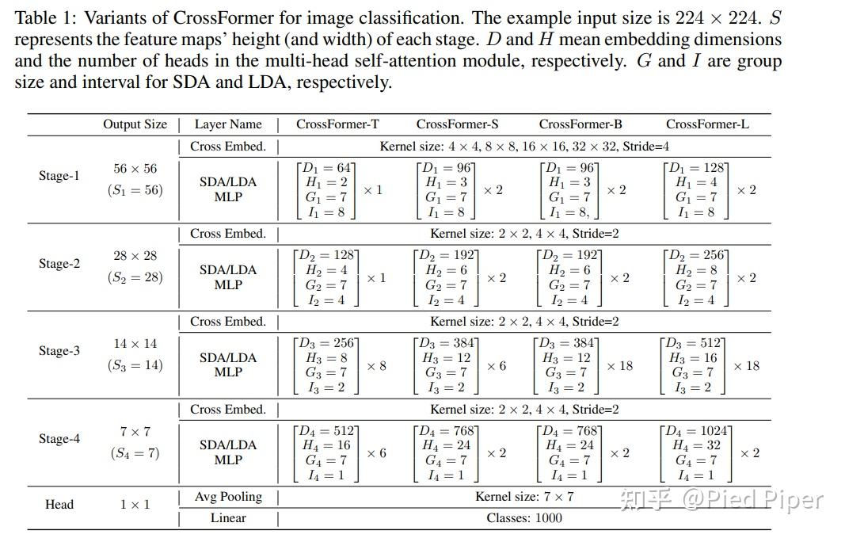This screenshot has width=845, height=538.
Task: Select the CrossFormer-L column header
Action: [x=707, y=124]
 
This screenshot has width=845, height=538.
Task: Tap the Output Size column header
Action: [x=135, y=124]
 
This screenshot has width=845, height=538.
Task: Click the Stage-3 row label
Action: [x=59, y=350]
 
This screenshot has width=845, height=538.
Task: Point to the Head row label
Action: [x=59, y=504]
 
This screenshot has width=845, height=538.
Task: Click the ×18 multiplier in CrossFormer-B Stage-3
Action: [x=619, y=365]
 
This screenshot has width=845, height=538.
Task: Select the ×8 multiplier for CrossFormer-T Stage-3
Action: [x=376, y=365]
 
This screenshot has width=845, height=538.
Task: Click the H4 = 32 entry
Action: [x=697, y=445]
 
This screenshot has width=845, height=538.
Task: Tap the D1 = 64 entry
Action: [x=325, y=168]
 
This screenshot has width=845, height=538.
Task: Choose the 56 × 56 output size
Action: [x=135, y=168]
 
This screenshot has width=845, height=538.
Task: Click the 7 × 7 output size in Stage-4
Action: [x=135, y=431]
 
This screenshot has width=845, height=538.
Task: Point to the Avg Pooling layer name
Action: [x=228, y=497]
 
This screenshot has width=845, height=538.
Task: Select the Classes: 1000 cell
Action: [x=524, y=517]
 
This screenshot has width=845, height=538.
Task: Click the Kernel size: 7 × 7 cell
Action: [x=524, y=497]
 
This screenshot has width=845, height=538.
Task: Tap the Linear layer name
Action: [x=228, y=517]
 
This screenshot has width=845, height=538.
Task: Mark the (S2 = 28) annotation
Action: [x=135, y=277]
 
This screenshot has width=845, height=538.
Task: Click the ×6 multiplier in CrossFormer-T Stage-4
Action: [x=376, y=452]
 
